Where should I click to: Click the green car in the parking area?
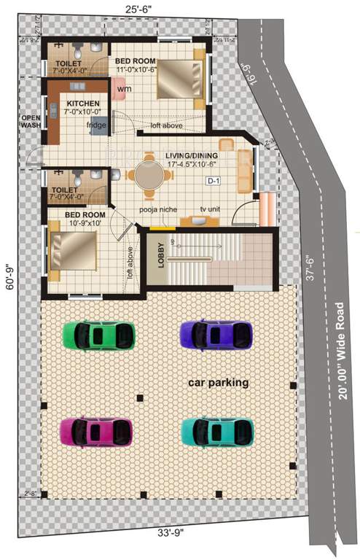[x=99, y=335]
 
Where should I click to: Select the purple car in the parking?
[x=216, y=335]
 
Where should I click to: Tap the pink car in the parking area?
[x=96, y=431]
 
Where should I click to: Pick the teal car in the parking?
[x=217, y=431]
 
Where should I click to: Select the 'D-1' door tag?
[x=214, y=180]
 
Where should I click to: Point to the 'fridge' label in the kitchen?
[x=97, y=125]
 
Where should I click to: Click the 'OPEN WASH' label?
[x=31, y=120]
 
